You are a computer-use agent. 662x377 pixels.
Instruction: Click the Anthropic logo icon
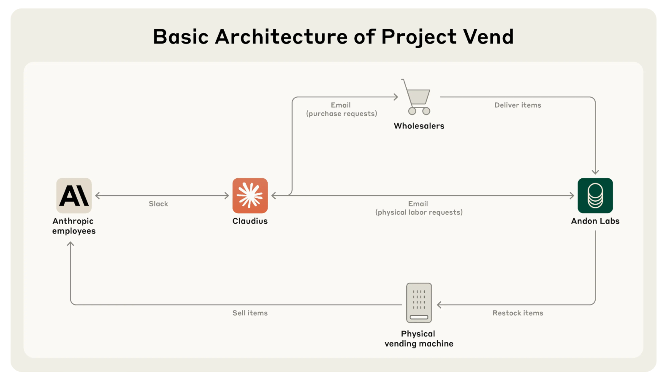74,195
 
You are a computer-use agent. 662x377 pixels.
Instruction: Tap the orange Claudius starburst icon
250,195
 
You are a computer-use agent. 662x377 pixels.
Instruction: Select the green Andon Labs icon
595,195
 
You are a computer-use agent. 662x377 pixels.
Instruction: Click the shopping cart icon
417,97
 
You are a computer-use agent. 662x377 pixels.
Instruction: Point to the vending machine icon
419,303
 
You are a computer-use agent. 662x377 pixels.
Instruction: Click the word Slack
158,204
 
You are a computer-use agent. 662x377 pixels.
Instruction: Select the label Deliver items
518,105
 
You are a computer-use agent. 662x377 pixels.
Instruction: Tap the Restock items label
518,313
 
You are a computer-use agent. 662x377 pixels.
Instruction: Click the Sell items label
250,313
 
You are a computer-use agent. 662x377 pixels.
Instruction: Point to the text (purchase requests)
342,114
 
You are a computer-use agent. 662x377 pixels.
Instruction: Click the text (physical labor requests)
419,212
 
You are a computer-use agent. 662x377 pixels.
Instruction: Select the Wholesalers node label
419,126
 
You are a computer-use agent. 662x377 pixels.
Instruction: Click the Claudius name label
250,221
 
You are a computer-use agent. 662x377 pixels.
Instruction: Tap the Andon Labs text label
595,221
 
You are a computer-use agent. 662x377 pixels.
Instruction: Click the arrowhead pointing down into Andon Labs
595,172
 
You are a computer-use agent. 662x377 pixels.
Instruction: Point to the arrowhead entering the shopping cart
396,97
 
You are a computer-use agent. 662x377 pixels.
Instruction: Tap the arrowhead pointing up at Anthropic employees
71,244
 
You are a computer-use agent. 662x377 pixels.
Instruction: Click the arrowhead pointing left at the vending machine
440,305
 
